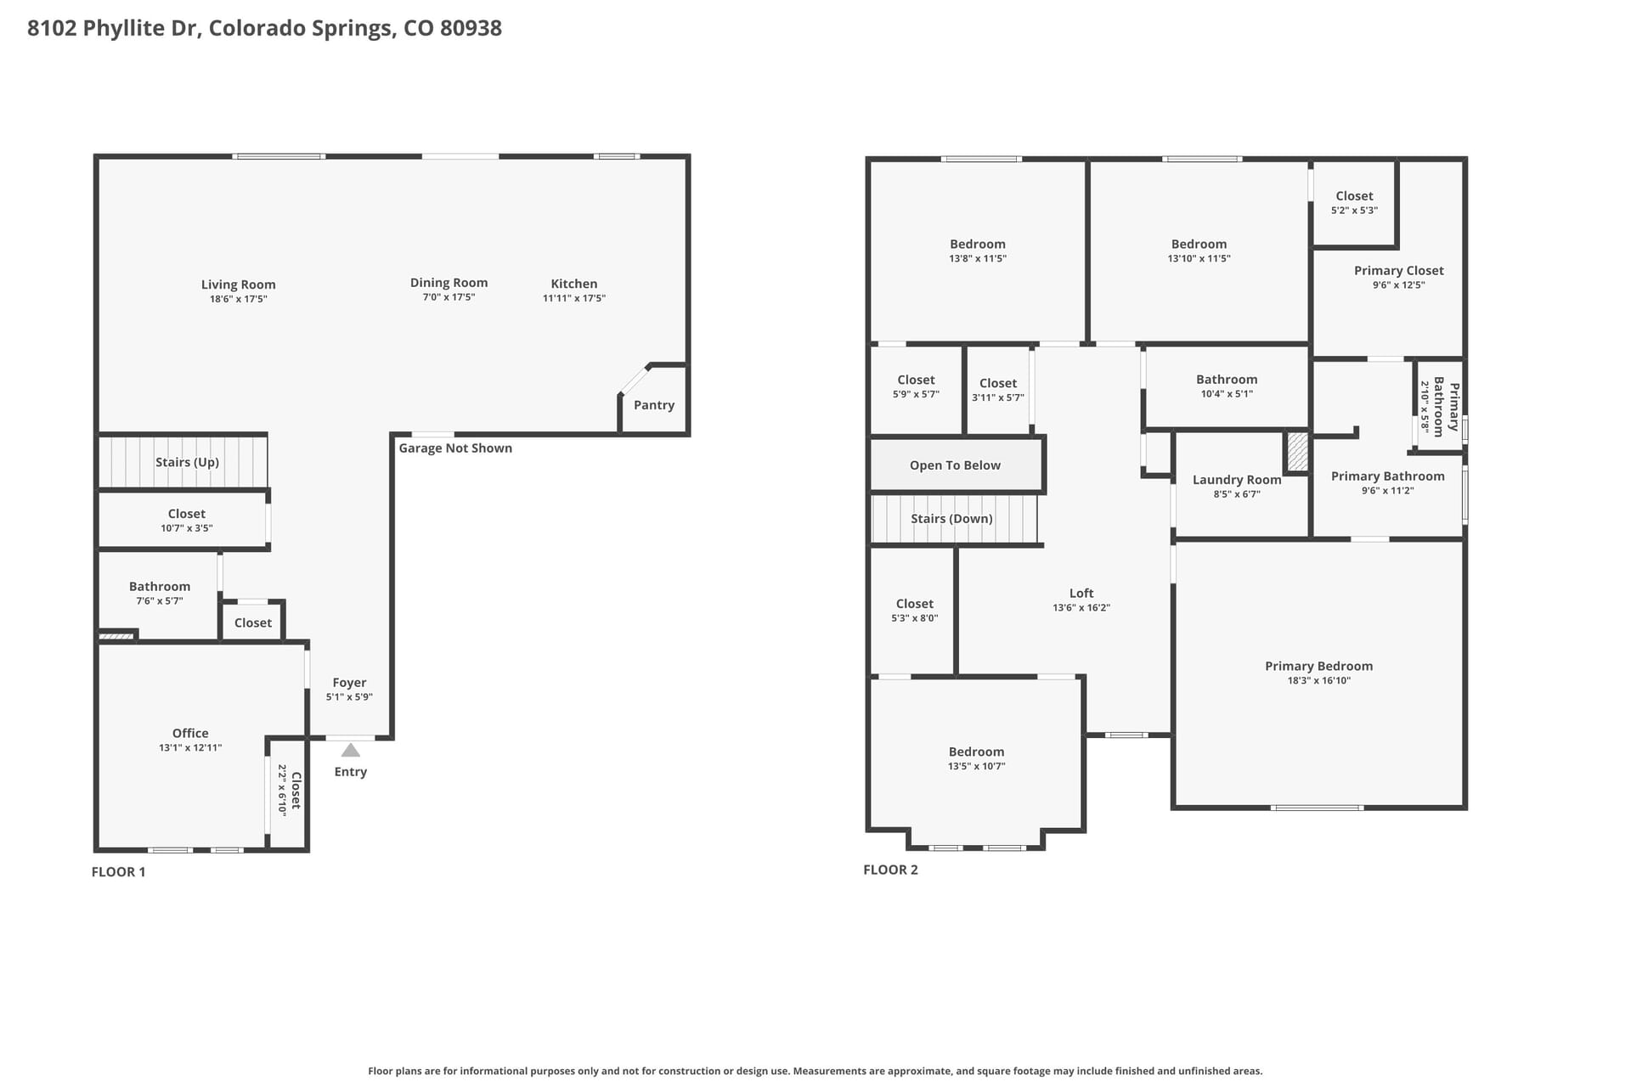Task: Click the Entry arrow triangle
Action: tap(350, 750)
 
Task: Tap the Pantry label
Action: tap(654, 405)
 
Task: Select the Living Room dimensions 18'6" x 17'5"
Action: tap(239, 299)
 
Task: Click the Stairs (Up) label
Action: tap(187, 462)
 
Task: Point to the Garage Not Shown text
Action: tap(455, 448)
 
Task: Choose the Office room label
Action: tap(190, 733)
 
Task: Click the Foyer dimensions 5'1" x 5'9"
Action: tap(349, 697)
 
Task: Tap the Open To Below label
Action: tap(955, 465)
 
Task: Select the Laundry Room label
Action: tap(1237, 480)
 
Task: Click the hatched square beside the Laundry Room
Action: tap(1297, 452)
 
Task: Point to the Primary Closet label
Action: tap(1399, 271)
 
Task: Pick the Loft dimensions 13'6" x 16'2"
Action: tap(1081, 608)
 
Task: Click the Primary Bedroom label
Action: tap(1318, 667)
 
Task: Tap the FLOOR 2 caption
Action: tap(890, 870)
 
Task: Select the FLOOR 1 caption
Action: tap(118, 871)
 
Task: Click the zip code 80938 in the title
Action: tap(471, 28)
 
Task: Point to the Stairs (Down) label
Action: tap(951, 519)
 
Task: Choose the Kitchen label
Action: tap(574, 284)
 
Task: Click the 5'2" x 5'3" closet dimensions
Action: tap(1354, 211)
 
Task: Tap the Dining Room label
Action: tap(449, 283)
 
